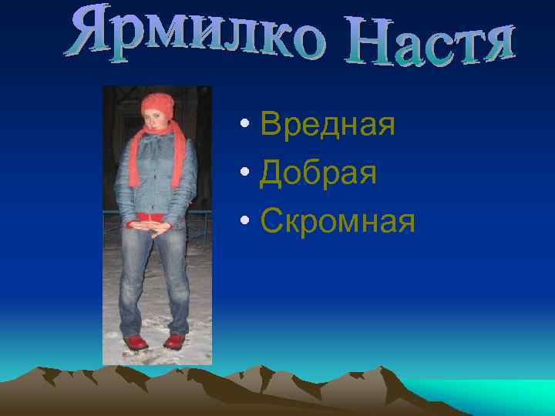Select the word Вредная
tap(328, 123)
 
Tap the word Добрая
tap(318, 173)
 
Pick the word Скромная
tap(338, 222)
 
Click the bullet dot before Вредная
tap(244, 125)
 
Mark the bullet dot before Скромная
tap(244, 223)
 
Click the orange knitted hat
tap(158, 102)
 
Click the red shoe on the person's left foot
tap(175, 341)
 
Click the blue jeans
tap(154, 277)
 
